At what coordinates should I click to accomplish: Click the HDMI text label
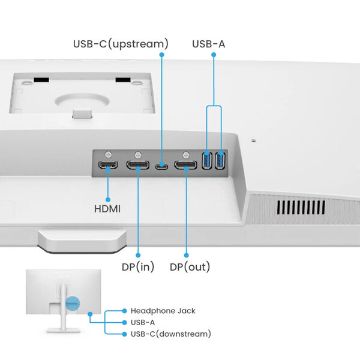[107, 209]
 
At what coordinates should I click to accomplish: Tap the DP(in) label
[139, 266]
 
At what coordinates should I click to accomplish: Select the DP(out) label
[190, 266]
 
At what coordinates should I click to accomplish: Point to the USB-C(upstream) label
[121, 44]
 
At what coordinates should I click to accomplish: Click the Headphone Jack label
[163, 311]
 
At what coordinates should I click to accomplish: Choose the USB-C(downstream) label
[170, 334]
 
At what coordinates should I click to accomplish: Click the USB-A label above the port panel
[209, 44]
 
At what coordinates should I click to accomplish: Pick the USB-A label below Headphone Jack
[146, 322]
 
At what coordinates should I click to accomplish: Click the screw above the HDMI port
[108, 154]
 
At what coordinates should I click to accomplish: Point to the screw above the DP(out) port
[187, 154]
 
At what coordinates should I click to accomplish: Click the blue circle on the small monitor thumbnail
[72, 304]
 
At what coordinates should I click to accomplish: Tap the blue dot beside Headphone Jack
[124, 311]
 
